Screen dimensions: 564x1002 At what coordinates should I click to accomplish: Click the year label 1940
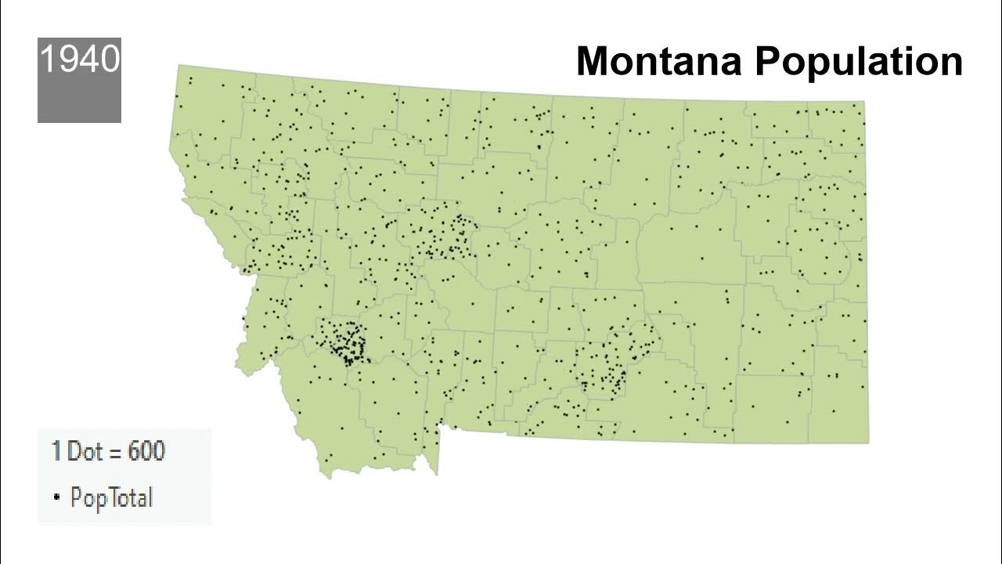click(x=79, y=59)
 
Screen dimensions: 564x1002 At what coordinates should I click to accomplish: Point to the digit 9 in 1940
click(x=70, y=59)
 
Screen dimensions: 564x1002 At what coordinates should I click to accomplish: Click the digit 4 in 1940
click(x=90, y=59)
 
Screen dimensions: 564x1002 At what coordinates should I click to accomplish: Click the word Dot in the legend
click(x=84, y=451)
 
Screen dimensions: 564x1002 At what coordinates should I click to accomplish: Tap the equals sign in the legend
click(x=115, y=453)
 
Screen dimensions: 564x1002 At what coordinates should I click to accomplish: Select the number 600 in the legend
click(x=146, y=451)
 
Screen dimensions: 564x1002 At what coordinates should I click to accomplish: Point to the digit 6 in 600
click(x=134, y=451)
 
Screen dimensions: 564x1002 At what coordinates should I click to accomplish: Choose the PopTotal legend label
click(x=111, y=497)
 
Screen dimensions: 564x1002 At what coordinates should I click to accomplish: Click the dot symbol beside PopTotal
click(x=56, y=497)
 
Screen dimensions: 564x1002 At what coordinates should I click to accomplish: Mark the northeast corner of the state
click(x=863, y=103)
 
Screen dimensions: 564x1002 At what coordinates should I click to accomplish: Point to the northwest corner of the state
click(x=179, y=67)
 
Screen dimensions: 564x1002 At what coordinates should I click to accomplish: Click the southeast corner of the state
click(x=867, y=442)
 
